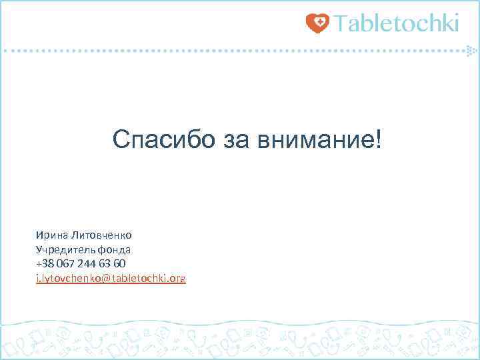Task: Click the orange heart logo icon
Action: pos(318,23)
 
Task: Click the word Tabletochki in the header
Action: pos(397,23)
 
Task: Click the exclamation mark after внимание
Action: pos(380,140)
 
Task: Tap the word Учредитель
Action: pos(66,250)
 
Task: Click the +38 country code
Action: pos(45,264)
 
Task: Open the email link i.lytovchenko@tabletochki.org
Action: pos(111,279)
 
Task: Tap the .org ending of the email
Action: pos(177,279)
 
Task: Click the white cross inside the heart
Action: pos(319,23)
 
